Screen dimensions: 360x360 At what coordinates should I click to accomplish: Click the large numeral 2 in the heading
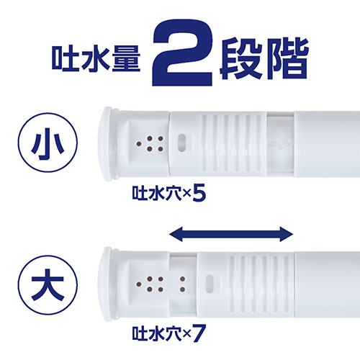[x=182, y=53]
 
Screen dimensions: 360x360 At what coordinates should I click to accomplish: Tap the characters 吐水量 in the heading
[x=96, y=58]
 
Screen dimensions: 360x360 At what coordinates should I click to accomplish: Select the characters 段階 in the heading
[x=264, y=58]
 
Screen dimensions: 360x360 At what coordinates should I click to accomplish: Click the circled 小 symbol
[x=48, y=143]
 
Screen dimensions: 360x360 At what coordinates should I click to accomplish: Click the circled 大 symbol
[x=48, y=284]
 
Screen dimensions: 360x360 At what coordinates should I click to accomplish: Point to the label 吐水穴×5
[x=169, y=194]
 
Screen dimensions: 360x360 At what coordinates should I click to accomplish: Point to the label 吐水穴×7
[x=169, y=333]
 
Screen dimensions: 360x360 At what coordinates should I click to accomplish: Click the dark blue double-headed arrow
[x=231, y=234]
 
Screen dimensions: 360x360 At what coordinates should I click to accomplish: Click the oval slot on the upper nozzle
[x=182, y=143]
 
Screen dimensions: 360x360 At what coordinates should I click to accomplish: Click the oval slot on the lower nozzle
[x=210, y=284]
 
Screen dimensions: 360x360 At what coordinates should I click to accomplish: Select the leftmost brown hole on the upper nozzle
[x=139, y=144]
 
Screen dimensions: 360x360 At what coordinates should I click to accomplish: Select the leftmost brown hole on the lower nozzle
[x=139, y=284]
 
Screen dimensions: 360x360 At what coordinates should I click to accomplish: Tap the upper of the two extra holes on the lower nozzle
[x=182, y=279]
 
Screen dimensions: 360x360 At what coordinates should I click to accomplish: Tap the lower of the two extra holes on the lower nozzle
[x=182, y=289]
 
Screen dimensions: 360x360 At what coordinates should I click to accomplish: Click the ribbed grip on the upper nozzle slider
[x=232, y=143]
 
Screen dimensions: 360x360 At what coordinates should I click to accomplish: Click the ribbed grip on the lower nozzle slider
[x=259, y=284]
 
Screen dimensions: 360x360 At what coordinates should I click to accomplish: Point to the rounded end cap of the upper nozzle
[x=108, y=143]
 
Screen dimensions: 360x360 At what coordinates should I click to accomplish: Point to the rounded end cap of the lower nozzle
[x=108, y=284]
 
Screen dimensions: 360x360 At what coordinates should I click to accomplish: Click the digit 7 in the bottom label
[x=199, y=333]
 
